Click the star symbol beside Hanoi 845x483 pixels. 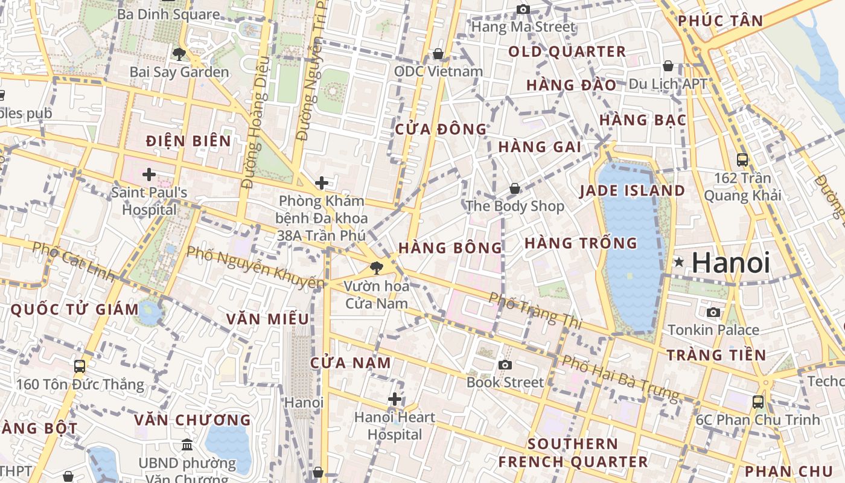tap(680, 262)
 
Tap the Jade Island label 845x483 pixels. tap(632, 191)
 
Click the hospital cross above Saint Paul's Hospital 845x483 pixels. tap(148, 175)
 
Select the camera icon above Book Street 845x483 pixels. tap(505, 365)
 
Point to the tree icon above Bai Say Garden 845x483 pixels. tap(179, 54)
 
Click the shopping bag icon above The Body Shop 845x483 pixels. tap(515, 188)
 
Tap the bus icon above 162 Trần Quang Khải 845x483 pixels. tap(742, 160)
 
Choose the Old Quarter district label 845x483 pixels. tap(567, 52)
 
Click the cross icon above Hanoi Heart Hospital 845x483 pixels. tap(395, 399)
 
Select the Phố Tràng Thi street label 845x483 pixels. tap(535, 310)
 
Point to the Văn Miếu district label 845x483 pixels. tap(267, 319)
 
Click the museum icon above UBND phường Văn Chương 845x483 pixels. tap(187, 445)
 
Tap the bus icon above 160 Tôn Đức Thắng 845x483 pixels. tap(80, 366)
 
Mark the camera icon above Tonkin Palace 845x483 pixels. tap(713, 312)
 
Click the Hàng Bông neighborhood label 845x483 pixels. tap(450, 248)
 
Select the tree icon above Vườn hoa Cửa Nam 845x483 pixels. tap(377, 267)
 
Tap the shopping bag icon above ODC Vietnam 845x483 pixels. tap(438, 54)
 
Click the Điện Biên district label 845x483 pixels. tap(188, 141)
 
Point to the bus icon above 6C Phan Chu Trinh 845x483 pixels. tap(758, 401)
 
